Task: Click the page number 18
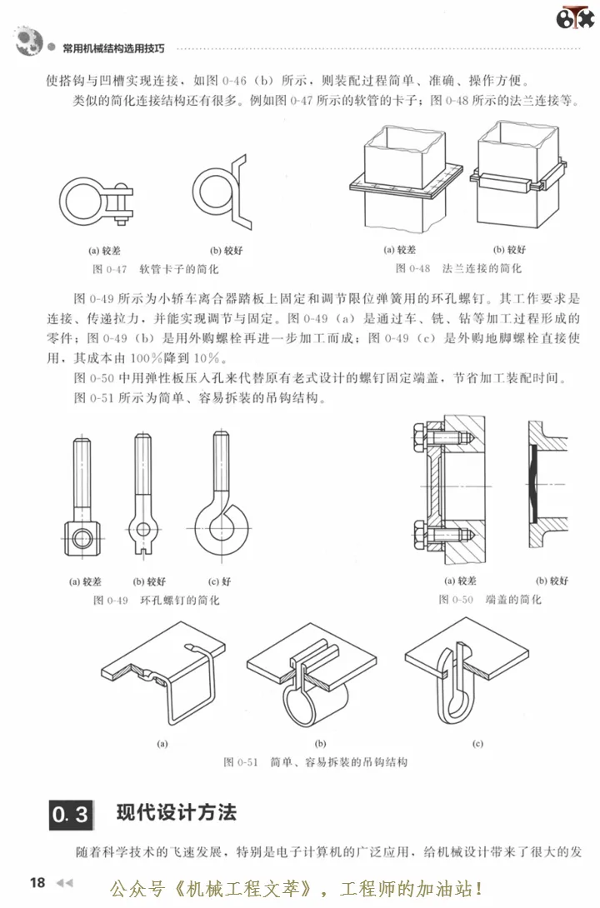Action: (x=37, y=882)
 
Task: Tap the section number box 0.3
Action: (x=70, y=814)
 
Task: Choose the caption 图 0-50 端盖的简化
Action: (x=490, y=599)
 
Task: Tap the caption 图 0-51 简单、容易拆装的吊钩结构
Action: (x=316, y=761)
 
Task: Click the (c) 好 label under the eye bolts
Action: (x=222, y=581)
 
